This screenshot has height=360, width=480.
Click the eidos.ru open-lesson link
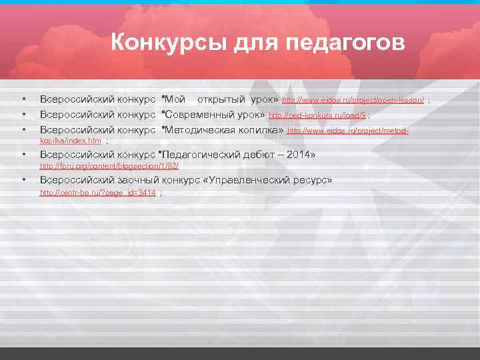tap(353, 100)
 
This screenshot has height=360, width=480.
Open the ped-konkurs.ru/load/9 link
tap(317, 115)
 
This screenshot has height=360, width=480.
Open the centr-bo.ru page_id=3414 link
tap(98, 192)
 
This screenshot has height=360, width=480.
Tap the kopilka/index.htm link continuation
tap(71, 141)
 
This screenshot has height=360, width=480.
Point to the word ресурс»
tap(313, 180)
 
